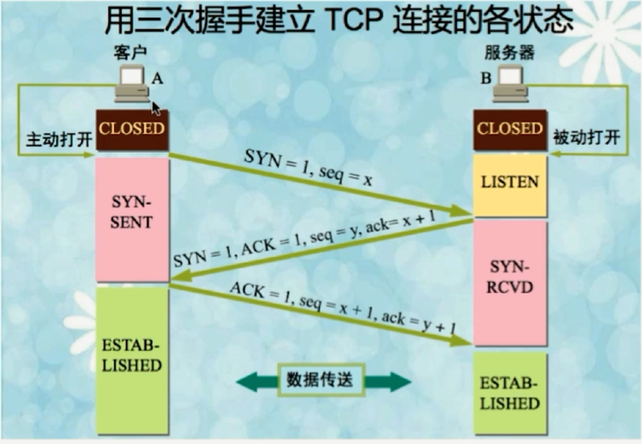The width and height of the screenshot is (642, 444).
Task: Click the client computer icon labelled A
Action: pyautogui.click(x=132, y=84)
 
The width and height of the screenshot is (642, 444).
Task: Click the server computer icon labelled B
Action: pyautogui.click(x=510, y=84)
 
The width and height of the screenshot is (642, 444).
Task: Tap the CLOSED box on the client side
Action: pyautogui.click(x=132, y=130)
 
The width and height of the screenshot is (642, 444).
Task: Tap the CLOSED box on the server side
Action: pyautogui.click(x=510, y=130)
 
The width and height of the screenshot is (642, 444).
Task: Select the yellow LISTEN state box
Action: pyautogui.click(x=510, y=185)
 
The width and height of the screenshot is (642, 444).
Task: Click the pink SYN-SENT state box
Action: pyautogui.click(x=132, y=219)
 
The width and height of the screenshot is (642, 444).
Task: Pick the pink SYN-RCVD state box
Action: pyautogui.click(x=510, y=282)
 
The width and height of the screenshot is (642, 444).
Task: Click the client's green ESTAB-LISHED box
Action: pyautogui.click(x=132, y=360)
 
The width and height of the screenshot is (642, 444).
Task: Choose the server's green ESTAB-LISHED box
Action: pyautogui.click(x=510, y=393)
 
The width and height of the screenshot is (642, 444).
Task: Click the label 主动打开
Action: pyautogui.click(x=59, y=139)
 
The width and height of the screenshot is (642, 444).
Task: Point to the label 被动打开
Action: pyautogui.click(x=587, y=137)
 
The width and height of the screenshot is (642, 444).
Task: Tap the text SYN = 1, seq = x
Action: pyautogui.click(x=308, y=167)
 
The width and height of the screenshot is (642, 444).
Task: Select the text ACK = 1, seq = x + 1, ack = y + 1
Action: pyautogui.click(x=343, y=308)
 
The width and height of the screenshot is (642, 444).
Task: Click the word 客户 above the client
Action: pyautogui.click(x=130, y=53)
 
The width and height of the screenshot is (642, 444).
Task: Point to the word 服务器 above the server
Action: pyautogui.click(x=510, y=53)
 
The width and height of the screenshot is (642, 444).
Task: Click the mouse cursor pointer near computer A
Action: pyautogui.click(x=156, y=109)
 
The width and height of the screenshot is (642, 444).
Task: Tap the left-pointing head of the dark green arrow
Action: pyautogui.click(x=247, y=382)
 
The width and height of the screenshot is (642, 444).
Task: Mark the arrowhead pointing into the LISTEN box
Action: pyautogui.click(x=461, y=211)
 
